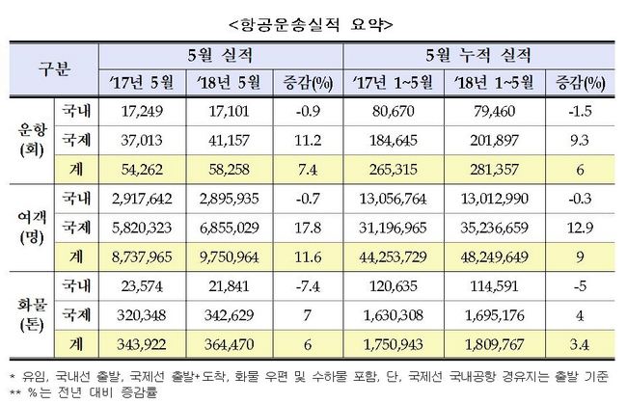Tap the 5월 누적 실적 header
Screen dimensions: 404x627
click(481, 55)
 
